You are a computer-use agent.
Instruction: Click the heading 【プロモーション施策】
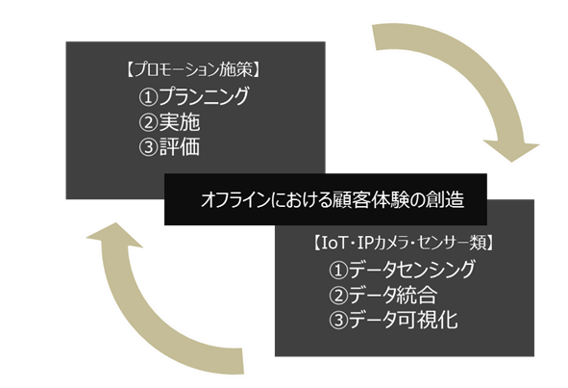click(193, 69)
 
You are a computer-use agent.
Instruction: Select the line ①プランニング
click(194, 96)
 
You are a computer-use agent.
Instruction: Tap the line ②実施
click(169, 122)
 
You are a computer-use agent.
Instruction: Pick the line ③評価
click(169, 147)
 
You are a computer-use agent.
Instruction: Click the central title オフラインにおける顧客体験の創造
click(333, 199)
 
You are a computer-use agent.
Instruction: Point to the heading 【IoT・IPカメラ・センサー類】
click(403, 243)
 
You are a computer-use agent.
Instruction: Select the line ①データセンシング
click(402, 270)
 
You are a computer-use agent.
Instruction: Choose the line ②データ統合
click(383, 295)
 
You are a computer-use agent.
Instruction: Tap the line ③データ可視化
click(393, 321)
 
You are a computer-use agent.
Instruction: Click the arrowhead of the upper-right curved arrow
click(511, 150)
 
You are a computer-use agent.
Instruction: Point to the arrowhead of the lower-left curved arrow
click(114, 235)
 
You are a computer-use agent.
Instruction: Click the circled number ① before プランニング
click(149, 97)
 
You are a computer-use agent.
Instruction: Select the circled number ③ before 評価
click(149, 147)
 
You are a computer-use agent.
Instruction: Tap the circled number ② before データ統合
click(338, 295)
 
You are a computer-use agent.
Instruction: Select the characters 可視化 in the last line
click(428, 321)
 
